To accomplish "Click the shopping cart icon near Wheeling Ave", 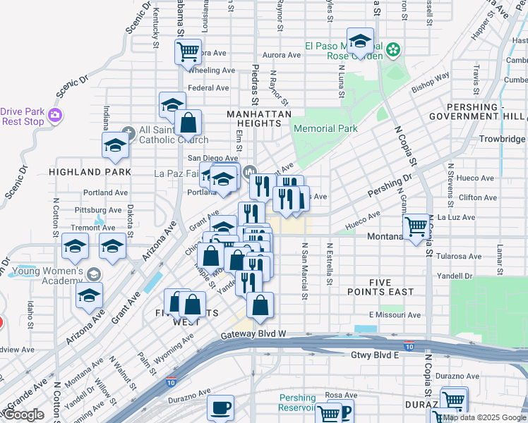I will tap(188, 51).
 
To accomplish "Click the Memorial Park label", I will tap(325, 128).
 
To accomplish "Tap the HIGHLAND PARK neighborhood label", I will tap(90, 171).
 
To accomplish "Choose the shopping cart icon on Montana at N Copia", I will tap(416, 226).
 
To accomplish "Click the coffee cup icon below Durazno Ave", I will tap(220, 407).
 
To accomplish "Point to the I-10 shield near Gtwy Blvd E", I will tap(409, 345).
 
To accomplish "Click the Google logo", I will tap(23, 415).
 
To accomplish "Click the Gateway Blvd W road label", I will tap(253, 333).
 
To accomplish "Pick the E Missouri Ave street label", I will tap(394, 314).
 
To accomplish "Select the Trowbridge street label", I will tap(503, 139).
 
